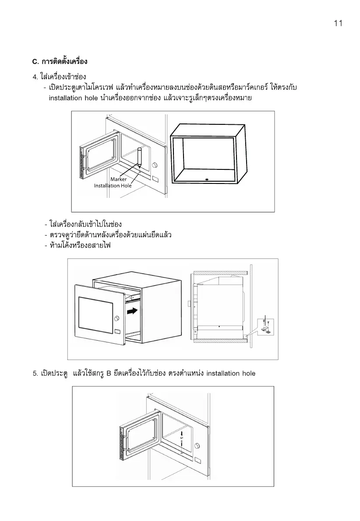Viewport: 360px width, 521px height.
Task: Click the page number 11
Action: (337, 24)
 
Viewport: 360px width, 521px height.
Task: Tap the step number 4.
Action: (35, 77)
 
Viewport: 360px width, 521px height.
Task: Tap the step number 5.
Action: (35, 373)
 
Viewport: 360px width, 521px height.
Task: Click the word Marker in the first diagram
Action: (118, 179)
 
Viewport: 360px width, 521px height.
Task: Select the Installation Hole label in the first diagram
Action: (113, 186)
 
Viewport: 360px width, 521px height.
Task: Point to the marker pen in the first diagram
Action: (140, 158)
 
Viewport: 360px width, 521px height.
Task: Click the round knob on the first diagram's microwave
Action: (155, 165)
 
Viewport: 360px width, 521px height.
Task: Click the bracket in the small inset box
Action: (266, 329)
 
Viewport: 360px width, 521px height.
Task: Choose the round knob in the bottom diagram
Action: (198, 445)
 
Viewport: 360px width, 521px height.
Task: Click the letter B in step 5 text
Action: (109, 373)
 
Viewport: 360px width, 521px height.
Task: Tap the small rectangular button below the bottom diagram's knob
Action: (198, 461)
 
